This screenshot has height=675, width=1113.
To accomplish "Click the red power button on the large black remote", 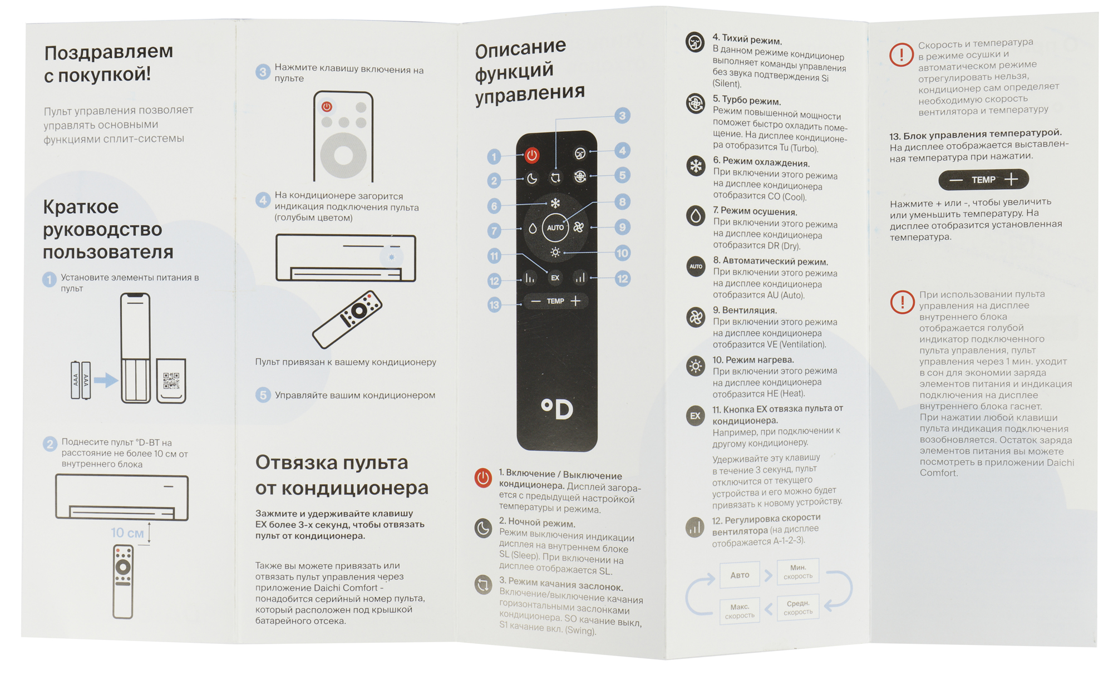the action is point(532,155).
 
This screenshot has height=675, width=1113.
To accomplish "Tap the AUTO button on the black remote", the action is point(555,228).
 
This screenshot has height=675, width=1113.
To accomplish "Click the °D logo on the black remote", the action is point(557,410).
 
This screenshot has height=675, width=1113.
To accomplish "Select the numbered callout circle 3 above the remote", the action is point(622,116).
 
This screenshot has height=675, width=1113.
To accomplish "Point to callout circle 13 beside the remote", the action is point(494,305).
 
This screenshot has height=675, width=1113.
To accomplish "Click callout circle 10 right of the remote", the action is point(622,253).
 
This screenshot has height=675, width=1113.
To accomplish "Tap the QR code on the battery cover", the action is point(171,381).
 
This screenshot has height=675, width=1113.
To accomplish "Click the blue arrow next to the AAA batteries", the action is point(106,381).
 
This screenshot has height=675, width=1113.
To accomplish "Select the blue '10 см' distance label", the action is point(127,533).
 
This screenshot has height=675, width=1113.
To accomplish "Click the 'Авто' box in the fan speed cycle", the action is point(740,575).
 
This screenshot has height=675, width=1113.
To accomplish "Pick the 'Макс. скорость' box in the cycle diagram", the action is point(740,611).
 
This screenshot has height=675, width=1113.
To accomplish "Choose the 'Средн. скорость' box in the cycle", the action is point(798,608).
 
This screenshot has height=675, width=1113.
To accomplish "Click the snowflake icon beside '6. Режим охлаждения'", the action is point(696,165).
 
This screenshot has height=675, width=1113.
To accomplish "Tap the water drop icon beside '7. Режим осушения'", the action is point(696,215).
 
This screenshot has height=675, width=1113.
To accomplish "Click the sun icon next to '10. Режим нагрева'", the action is point(696,366).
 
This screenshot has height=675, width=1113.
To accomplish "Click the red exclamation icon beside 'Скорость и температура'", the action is point(902,55).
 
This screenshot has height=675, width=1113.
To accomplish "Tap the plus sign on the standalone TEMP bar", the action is point(1011,179).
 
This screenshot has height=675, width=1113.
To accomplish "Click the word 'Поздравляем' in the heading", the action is point(109,52).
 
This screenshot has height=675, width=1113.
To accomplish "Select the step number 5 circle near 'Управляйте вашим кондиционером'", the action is point(263,395).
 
